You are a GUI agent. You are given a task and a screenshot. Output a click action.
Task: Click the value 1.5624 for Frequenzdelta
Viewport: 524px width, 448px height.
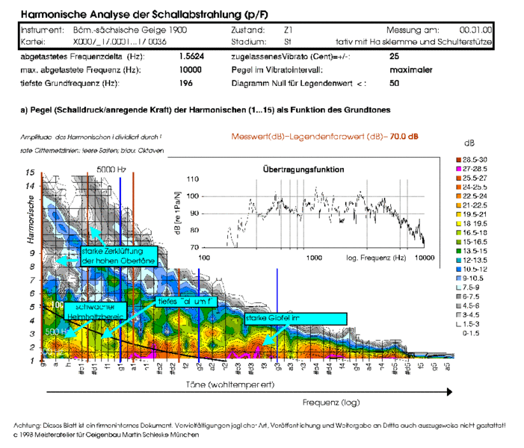coord(191,57)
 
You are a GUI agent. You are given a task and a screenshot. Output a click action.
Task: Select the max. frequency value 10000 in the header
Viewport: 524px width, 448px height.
coord(191,69)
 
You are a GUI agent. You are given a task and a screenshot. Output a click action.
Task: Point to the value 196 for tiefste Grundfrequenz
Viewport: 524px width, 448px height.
coord(186,83)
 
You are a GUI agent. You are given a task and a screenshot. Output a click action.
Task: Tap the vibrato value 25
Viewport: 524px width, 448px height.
coord(395,57)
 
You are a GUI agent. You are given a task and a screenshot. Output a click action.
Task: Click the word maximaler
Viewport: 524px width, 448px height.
coord(411,69)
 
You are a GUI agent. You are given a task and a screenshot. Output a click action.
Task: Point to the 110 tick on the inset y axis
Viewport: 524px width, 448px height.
coord(192,179)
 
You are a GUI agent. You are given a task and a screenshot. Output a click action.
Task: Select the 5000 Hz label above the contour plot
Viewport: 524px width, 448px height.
coord(109,169)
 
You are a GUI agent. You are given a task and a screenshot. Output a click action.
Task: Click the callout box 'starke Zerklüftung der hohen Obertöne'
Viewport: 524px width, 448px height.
coord(117,255)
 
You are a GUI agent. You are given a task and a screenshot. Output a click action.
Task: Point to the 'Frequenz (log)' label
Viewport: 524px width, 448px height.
coord(330,402)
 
